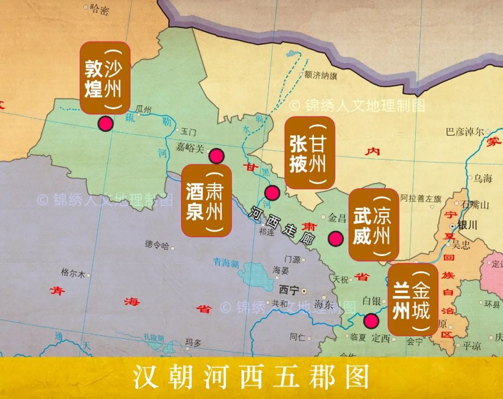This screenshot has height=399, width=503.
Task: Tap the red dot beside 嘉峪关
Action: pyautogui.click(x=216, y=156)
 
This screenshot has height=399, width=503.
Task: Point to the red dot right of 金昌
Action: pyautogui.click(x=335, y=239)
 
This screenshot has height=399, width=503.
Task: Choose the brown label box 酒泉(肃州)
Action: pyautogui.click(x=206, y=200)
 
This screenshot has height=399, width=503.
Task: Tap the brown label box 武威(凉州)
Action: pyautogui.click(x=374, y=224)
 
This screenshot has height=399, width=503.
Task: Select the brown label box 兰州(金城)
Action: pyautogui.click(x=413, y=299)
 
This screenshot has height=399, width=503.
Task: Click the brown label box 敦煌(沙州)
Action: pyautogui.click(x=105, y=78)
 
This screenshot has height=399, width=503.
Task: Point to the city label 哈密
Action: pyautogui.click(x=100, y=8)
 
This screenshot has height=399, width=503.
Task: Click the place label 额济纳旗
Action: pyautogui.click(x=320, y=75)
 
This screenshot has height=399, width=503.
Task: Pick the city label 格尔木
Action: pyautogui.click(x=73, y=273)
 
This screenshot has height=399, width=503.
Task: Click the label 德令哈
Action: pyautogui.click(x=157, y=245)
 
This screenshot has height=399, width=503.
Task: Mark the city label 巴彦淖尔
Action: pyautogui.click(x=465, y=132)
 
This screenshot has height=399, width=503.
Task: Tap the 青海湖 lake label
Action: pyautogui.click(x=225, y=263)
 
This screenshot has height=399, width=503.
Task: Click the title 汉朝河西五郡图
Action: pyautogui.click(x=251, y=377)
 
